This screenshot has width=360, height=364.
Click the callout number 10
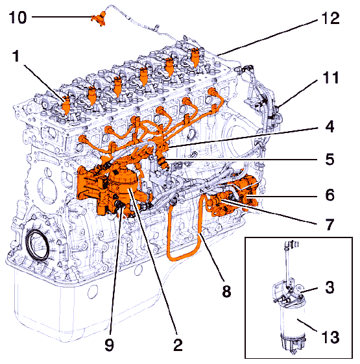18,18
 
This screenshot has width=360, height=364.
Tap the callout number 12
331,19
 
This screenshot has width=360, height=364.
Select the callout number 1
16,56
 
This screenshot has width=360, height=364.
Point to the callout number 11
331,78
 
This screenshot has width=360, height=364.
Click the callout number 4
330,127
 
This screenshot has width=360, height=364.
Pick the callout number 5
330,160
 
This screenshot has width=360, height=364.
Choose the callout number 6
330,195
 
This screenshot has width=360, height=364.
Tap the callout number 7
330,224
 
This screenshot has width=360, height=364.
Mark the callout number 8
226,291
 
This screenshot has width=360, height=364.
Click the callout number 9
110,345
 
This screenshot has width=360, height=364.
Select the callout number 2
178,345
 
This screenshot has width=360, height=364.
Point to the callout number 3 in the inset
330,287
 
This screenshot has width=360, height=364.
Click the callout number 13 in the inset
331,337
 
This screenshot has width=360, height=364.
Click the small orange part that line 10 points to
99,19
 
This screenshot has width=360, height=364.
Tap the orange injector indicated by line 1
66,104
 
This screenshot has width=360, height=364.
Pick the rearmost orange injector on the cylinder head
195,57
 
